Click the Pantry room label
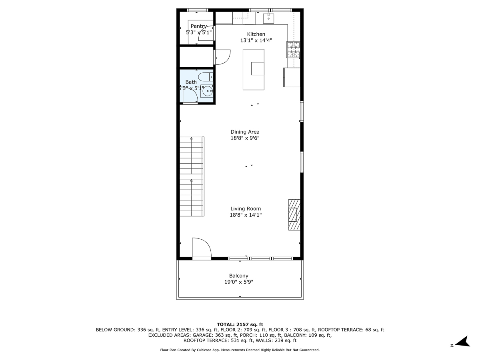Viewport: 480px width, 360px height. (x=199, y=26)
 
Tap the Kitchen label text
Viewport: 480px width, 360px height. (x=256, y=34)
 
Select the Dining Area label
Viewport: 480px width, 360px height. (x=245, y=132)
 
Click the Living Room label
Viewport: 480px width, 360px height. (x=246, y=208)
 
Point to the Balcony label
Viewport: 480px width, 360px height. (x=239, y=276)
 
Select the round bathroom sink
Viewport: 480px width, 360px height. (x=208, y=91)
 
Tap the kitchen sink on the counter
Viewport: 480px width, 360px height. (x=268, y=18)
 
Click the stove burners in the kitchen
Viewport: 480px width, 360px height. (x=293, y=49)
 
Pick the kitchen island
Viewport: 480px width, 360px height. (x=254, y=70)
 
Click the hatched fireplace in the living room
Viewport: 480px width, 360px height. (x=294, y=214)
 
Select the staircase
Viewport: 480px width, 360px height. (x=192, y=177)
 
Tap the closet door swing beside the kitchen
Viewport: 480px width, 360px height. (x=223, y=56)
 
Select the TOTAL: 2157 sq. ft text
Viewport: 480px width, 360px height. (x=240, y=324)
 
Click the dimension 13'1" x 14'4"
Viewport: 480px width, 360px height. (x=256, y=40)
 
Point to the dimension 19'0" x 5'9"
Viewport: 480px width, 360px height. (x=239, y=282)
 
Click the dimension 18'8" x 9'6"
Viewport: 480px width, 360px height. (x=245, y=138)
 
